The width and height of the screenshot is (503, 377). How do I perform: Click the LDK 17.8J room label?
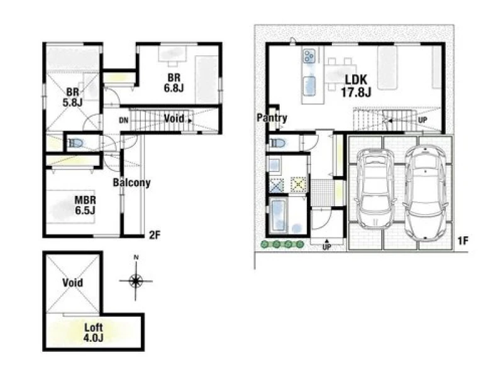(x=356, y=86)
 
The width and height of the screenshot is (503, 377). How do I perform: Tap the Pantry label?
(x=272, y=118)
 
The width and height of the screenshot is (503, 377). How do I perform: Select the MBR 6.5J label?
(x=86, y=205)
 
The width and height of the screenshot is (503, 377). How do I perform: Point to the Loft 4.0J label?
(x=93, y=332)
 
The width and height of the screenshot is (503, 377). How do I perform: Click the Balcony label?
(x=132, y=183)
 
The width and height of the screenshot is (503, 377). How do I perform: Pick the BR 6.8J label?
(x=174, y=83)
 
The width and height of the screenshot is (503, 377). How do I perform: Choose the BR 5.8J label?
(x=72, y=97)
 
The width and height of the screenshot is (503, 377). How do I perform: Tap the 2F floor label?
(x=155, y=235)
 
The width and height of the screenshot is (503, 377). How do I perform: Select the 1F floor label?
(x=463, y=241)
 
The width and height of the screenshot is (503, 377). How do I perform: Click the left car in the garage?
(x=375, y=188)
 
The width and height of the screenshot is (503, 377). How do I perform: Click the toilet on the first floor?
(x=277, y=143)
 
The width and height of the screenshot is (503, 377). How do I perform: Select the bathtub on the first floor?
(x=279, y=214)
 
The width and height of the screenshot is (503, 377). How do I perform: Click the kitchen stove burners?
(x=309, y=56)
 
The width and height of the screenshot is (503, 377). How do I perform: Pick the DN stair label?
(x=124, y=121)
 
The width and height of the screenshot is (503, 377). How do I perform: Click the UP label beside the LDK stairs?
(x=423, y=120)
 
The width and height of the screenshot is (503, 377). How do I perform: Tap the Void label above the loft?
(x=73, y=283)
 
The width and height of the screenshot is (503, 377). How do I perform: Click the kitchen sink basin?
(x=309, y=86)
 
